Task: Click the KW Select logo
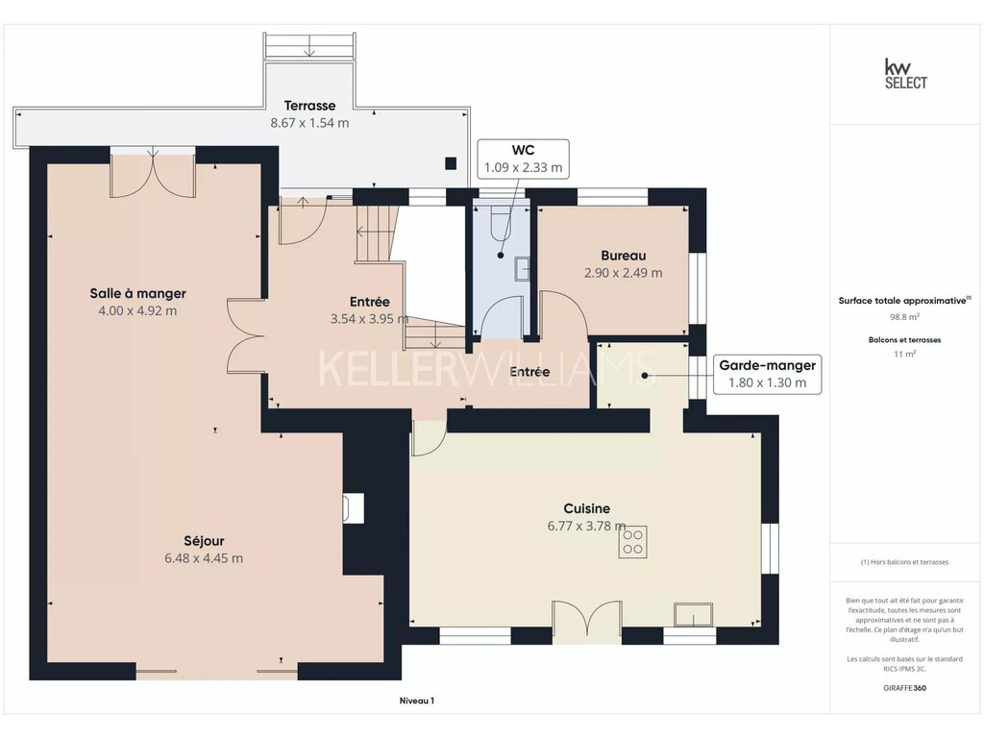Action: tap(905, 74)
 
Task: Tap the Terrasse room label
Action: tap(309, 106)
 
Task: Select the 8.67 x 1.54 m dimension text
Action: tap(309, 123)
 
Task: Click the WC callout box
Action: tap(524, 159)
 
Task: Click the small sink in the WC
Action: tap(523, 269)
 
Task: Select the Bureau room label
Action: tap(623, 256)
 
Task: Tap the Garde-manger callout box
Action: tap(767, 374)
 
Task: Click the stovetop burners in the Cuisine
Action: tap(632, 542)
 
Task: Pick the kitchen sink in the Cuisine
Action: tap(694, 615)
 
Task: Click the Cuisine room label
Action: tap(587, 508)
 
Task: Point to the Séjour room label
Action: tap(204, 541)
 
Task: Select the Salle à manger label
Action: tap(138, 293)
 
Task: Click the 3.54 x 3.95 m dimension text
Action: tap(370, 319)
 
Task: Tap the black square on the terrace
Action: tap(451, 163)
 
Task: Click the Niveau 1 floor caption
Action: tap(417, 701)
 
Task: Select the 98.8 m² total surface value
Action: tap(905, 317)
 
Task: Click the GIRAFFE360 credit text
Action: tap(905, 688)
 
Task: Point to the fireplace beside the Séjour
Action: tap(354, 508)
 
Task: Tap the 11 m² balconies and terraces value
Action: tap(905, 354)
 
